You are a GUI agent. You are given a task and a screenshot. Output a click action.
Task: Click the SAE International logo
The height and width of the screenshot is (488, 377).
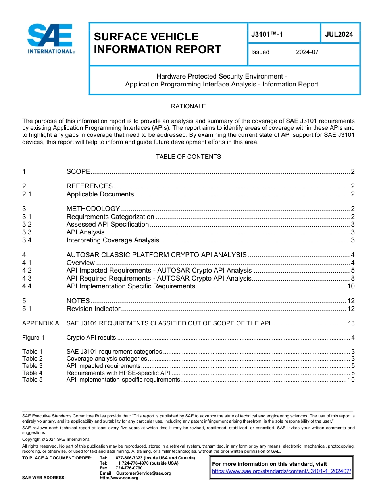coord(51,39)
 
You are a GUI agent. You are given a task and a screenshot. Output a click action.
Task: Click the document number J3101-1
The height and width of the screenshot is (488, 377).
coord(267,34)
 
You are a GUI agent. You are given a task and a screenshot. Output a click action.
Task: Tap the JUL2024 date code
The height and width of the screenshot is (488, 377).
coord(339,34)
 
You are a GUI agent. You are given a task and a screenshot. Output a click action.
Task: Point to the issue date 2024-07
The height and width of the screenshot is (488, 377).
coord(307,52)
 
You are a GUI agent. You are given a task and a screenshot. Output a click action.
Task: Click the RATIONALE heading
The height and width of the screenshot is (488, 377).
coord(188,106)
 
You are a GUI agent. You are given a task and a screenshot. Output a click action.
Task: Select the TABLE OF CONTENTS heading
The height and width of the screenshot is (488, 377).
coord(188,157)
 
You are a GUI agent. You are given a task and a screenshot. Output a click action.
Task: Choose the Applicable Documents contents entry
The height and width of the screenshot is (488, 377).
coord(100,194)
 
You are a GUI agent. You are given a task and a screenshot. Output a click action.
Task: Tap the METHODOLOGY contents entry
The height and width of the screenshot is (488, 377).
coord(93,209)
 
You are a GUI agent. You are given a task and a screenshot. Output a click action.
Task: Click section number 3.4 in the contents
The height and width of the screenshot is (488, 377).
coord(27,240)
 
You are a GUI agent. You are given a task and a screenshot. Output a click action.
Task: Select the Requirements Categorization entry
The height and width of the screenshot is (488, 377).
coord(110,217)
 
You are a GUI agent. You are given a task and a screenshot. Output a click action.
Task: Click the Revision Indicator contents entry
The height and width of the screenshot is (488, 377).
coord(93,309)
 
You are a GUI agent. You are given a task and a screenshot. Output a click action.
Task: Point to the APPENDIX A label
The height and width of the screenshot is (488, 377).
coord(40,323)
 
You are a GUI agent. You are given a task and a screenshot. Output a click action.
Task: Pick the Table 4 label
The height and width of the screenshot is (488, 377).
coord(33,373)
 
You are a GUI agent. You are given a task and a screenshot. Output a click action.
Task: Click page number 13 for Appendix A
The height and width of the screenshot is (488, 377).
coord(351,323)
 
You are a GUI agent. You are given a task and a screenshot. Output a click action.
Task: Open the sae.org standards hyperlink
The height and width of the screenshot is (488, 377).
coord(281,471)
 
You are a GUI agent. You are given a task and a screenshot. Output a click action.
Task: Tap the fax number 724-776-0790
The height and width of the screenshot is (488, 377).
coord(129,468)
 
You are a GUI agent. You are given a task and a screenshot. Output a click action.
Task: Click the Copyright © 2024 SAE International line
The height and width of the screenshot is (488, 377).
coord(56,439)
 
